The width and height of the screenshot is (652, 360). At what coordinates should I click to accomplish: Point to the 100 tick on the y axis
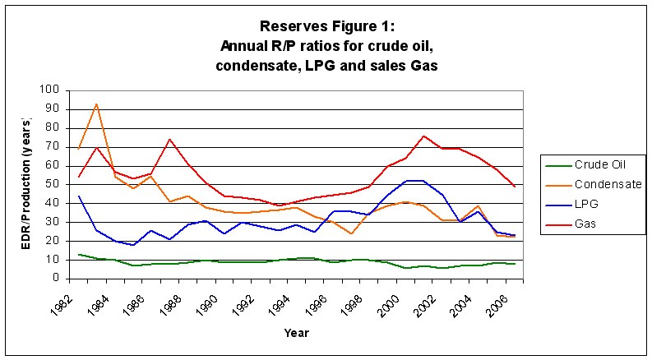pos(50,90)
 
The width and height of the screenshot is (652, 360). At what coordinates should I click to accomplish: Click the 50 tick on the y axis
pos(53,184)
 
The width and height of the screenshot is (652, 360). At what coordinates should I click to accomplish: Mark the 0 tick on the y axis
pos(56,278)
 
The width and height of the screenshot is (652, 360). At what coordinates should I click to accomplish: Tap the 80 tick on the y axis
pos(53,128)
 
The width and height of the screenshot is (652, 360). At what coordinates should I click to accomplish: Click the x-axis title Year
pos(297,333)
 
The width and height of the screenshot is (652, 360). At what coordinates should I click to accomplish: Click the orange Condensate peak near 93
pos(97,104)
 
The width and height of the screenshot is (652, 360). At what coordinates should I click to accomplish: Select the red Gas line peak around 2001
pos(423,136)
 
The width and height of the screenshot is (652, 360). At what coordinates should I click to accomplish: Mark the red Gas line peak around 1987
pos(169,139)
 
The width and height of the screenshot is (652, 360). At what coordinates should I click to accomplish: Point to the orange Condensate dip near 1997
pos(351,233)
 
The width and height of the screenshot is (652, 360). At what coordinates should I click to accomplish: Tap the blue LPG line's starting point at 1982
pos(79,196)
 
